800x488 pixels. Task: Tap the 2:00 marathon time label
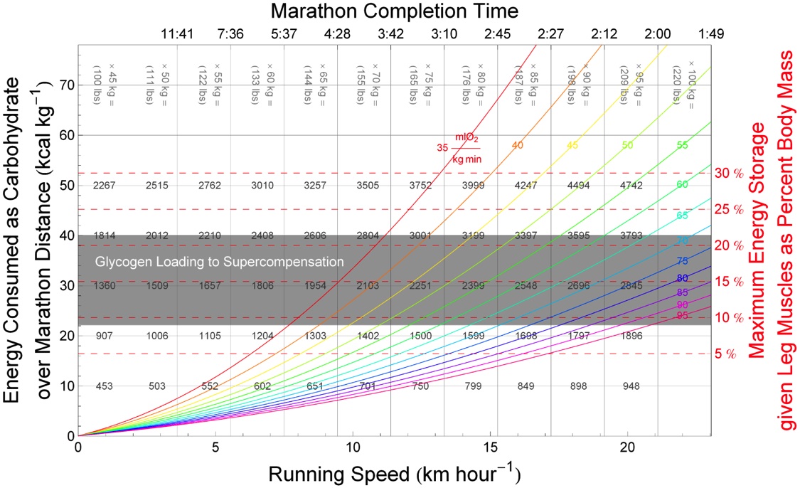[658, 33]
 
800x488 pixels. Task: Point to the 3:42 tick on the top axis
[390, 33]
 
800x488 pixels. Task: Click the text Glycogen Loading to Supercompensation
[220, 262]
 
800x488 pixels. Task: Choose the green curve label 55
[683, 145]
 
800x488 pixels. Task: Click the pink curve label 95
[683, 315]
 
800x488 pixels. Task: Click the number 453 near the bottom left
[105, 386]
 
